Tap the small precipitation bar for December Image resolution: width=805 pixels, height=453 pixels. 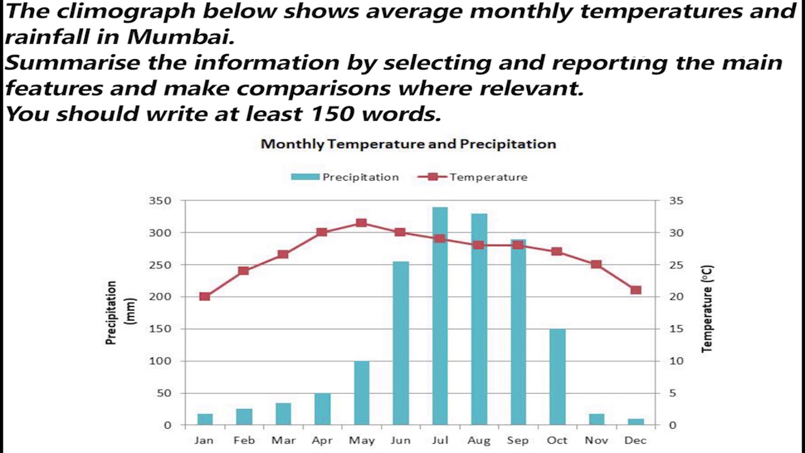point(636,422)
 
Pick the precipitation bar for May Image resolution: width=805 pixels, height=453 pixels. point(362,393)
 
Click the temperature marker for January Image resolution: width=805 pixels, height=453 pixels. point(204,296)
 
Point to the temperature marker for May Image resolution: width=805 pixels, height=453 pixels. point(362,223)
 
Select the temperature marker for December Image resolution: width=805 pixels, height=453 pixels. point(636,290)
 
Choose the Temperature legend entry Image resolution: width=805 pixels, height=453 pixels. point(473,177)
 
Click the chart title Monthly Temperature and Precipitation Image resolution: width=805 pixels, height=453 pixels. point(408,144)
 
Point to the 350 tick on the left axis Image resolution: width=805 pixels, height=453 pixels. point(159,201)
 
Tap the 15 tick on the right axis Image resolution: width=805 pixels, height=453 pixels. point(675,329)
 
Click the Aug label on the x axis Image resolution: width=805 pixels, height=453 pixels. point(479,440)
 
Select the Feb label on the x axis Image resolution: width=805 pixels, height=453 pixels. point(244,440)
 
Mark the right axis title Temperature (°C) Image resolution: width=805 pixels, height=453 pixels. point(708,308)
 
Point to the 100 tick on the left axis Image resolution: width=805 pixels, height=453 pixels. point(159,361)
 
